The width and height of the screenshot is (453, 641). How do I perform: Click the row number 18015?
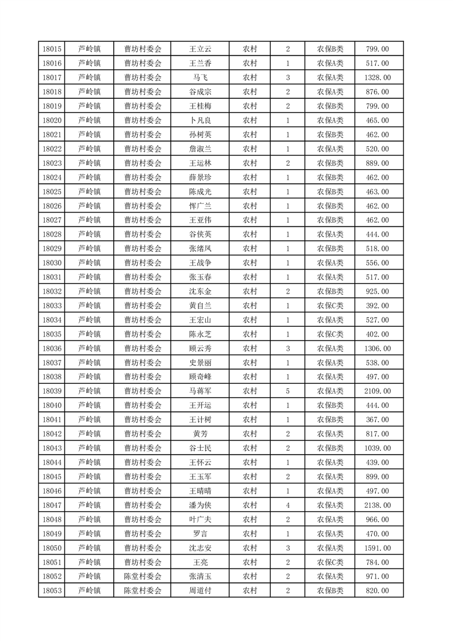pos(52,49)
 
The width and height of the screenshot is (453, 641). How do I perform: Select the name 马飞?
pos(201,78)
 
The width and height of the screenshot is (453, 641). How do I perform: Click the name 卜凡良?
pos(201,121)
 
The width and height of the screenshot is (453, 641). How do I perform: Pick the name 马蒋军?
pos(201,391)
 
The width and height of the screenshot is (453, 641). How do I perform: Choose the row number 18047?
pos(52,505)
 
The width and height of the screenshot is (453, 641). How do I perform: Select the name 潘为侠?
pos(201,505)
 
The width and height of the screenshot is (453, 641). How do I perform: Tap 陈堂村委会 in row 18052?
pos(143,576)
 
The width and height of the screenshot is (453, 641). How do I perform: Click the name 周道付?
pos(201,591)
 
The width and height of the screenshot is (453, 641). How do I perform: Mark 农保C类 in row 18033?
pos(330,306)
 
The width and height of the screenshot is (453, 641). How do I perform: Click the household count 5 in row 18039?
pos(287,391)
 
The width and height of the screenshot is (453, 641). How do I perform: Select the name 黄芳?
pos(201,434)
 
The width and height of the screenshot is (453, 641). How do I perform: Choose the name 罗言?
pos(201,534)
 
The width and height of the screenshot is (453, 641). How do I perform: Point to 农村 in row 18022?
pos(250,149)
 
